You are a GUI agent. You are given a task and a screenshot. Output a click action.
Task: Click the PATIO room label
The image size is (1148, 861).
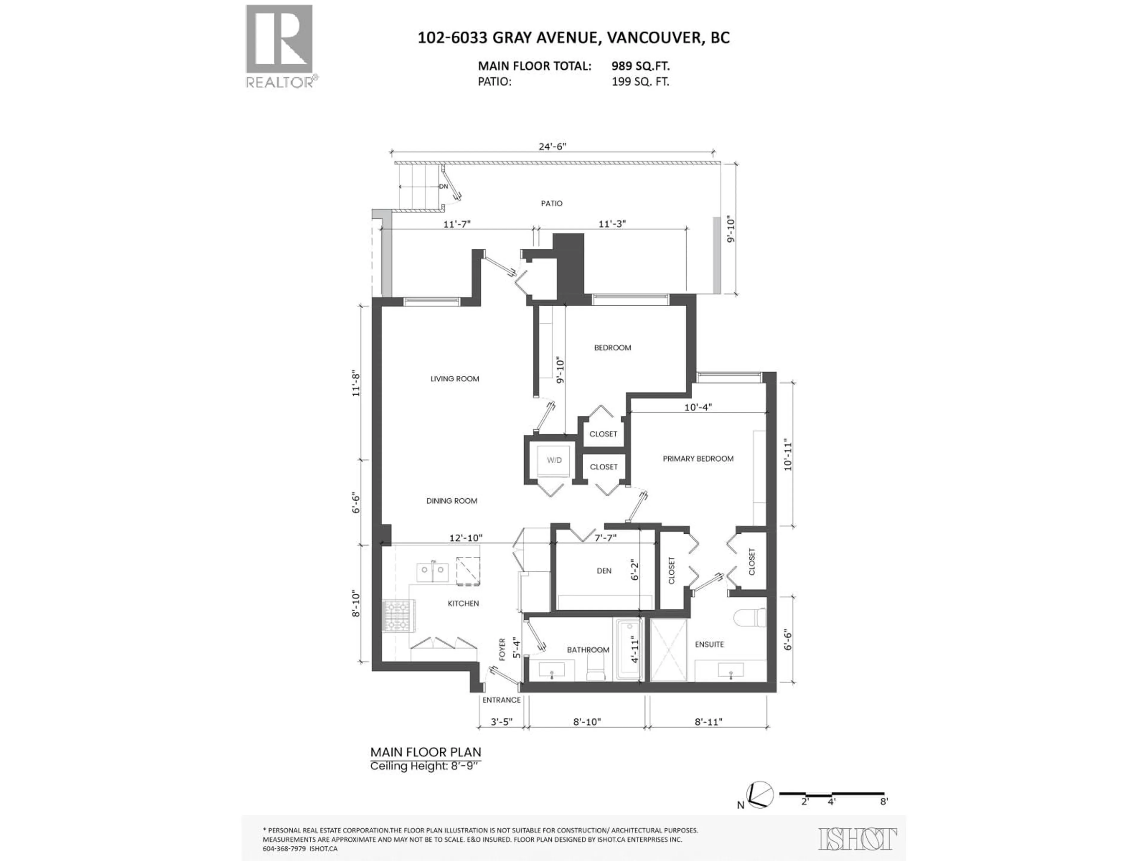(x=551, y=204)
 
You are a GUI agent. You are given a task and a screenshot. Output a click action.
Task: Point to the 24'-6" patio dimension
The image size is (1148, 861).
(x=552, y=146)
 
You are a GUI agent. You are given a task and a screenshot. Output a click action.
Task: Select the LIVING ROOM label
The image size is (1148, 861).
(x=455, y=379)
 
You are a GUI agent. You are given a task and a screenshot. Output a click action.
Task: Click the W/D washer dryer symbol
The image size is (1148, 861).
(x=554, y=460)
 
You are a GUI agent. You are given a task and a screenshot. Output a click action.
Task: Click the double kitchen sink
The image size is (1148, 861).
(x=432, y=573)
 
